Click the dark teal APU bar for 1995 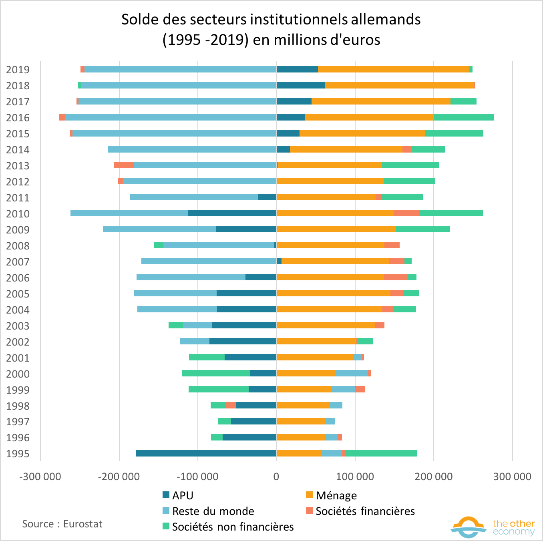206,453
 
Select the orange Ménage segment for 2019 393,69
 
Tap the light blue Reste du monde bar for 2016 171,117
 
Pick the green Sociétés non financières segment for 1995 381,453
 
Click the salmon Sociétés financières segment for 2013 123,165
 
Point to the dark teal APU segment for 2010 232,213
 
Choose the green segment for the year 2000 216,373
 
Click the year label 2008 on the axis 18,246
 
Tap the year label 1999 18,390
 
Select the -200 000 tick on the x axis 119,477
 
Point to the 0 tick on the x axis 276,477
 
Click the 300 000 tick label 512,477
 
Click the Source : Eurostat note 62,524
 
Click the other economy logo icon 469,527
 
